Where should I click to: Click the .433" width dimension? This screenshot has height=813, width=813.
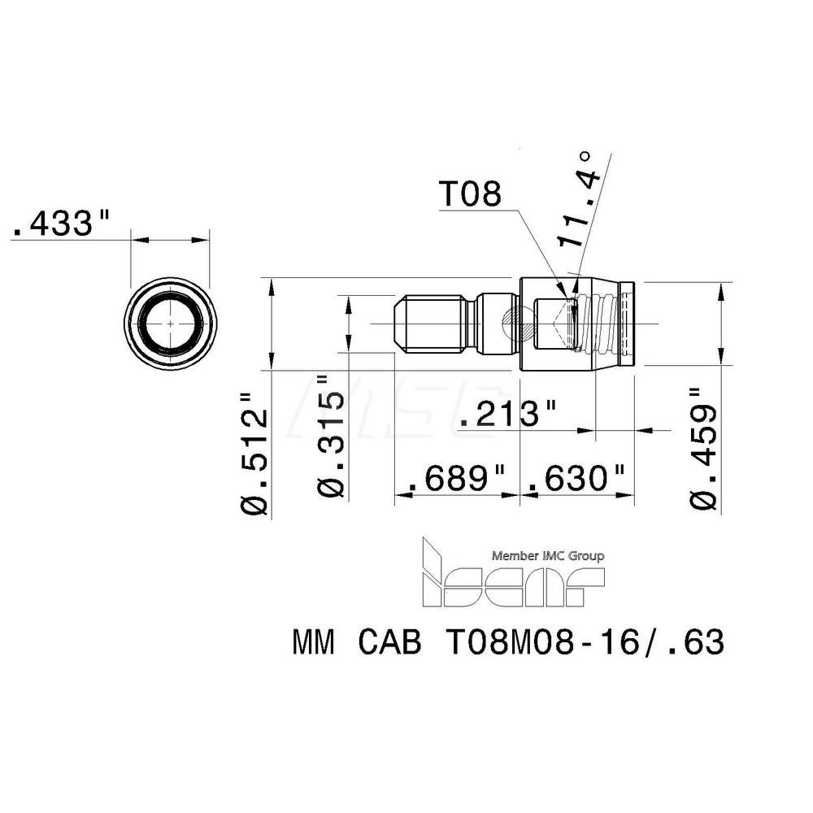(62, 224)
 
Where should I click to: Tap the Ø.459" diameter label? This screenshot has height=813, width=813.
(705, 448)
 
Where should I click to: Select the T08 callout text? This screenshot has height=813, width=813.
(471, 195)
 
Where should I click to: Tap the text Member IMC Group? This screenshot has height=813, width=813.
(548, 557)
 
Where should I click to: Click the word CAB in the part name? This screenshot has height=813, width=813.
(389, 644)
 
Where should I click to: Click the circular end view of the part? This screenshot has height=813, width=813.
(170, 324)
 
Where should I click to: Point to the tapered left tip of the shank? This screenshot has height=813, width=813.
(400, 324)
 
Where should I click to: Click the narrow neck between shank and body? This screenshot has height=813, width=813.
(474, 324)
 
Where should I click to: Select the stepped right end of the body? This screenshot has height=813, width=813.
(628, 324)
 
